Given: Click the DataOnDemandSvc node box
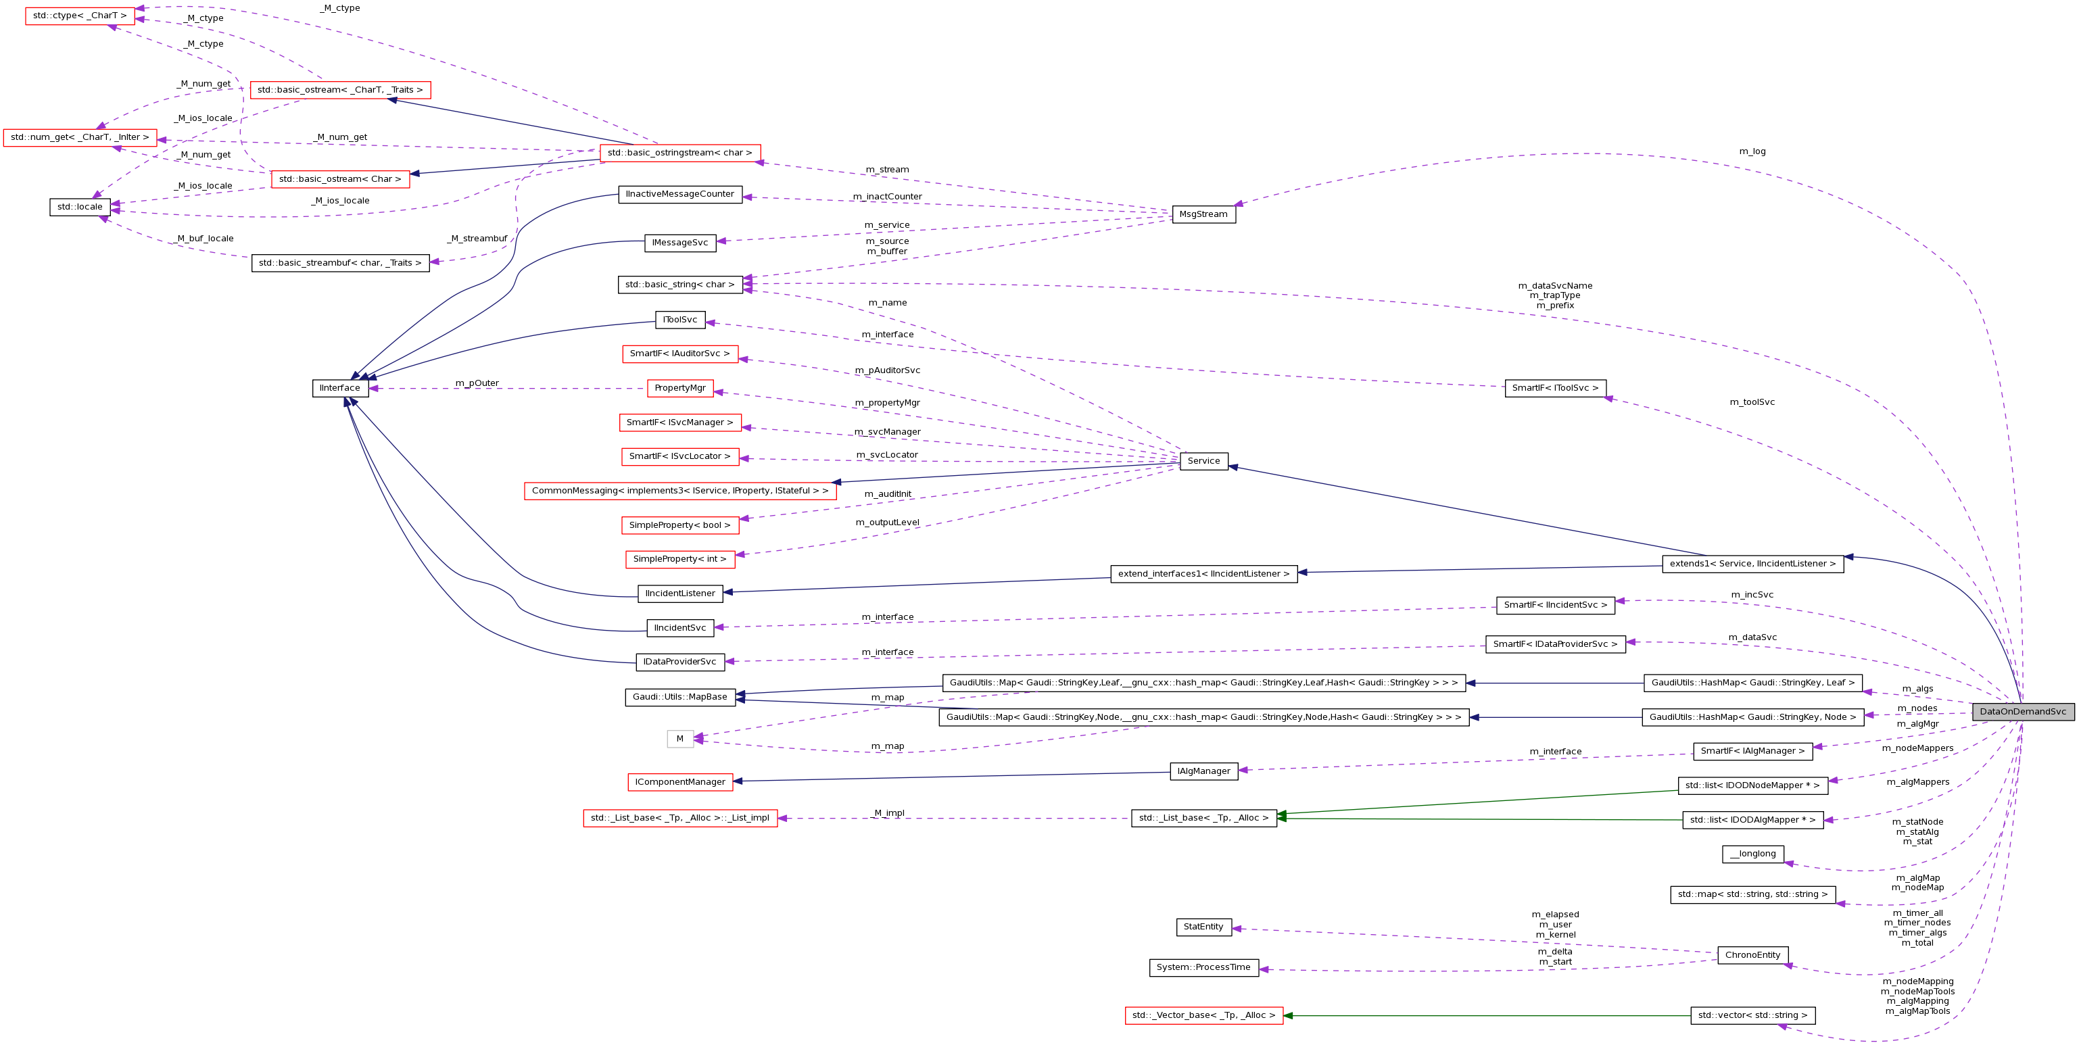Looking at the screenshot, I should pos(2022,712).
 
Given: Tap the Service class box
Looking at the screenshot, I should pos(1203,461).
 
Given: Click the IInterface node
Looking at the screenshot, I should pos(340,388).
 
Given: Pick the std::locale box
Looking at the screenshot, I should pos(80,208).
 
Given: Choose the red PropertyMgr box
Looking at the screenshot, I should pos(679,388).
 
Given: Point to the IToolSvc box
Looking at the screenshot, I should pos(679,320).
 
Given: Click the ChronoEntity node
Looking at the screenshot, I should pos(1752,955).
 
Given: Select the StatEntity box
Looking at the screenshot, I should pos(1203,927).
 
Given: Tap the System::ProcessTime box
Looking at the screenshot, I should pos(1203,967).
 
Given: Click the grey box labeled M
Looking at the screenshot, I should pos(679,738).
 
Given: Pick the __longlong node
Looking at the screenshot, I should pos(1752,854).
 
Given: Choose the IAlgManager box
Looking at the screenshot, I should pos(1203,771).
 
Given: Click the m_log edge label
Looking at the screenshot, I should pos(1752,151).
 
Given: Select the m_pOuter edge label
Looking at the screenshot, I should pos(477,383).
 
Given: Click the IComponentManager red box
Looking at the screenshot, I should pos(679,782).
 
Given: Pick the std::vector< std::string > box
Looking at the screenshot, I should pos(1752,1016).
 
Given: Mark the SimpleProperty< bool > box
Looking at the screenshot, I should pos(679,525).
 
